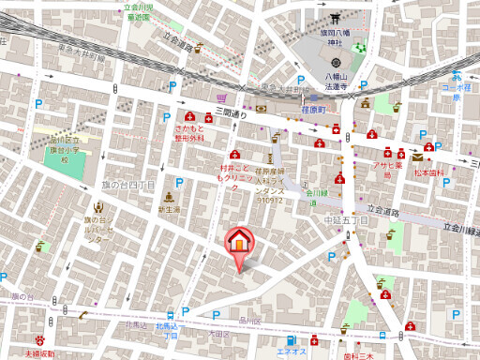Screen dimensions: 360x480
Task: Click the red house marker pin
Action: pyautogui.click(x=240, y=241)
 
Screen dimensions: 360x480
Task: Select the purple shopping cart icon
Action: pyautogui.click(x=221, y=97)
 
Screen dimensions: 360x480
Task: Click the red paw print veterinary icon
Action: pyautogui.click(x=40, y=339)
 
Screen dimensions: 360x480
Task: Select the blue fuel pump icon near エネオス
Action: pyautogui.click(x=291, y=339)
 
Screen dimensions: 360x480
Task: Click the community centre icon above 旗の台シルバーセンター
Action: pyautogui.click(x=99, y=205)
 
